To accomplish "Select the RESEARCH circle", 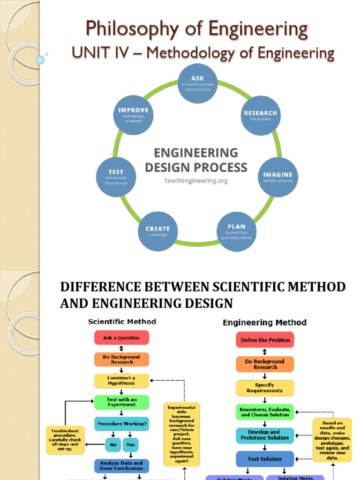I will [x=261, y=115].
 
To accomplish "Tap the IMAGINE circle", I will [x=277, y=177].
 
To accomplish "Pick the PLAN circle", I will [x=237, y=232].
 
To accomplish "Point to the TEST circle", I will [x=116, y=177].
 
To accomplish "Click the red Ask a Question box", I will [x=121, y=337].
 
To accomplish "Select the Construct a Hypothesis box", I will [x=121, y=380].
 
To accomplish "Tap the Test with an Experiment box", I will [x=121, y=402].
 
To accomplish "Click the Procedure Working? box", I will [x=121, y=424].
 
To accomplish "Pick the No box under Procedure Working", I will [x=112, y=445].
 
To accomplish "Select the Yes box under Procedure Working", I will [x=131, y=445].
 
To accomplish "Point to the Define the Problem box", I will [x=265, y=340].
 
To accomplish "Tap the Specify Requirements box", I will [x=265, y=388].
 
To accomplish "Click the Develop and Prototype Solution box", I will [x=265, y=435].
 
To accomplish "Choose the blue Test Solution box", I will [x=265, y=459].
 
